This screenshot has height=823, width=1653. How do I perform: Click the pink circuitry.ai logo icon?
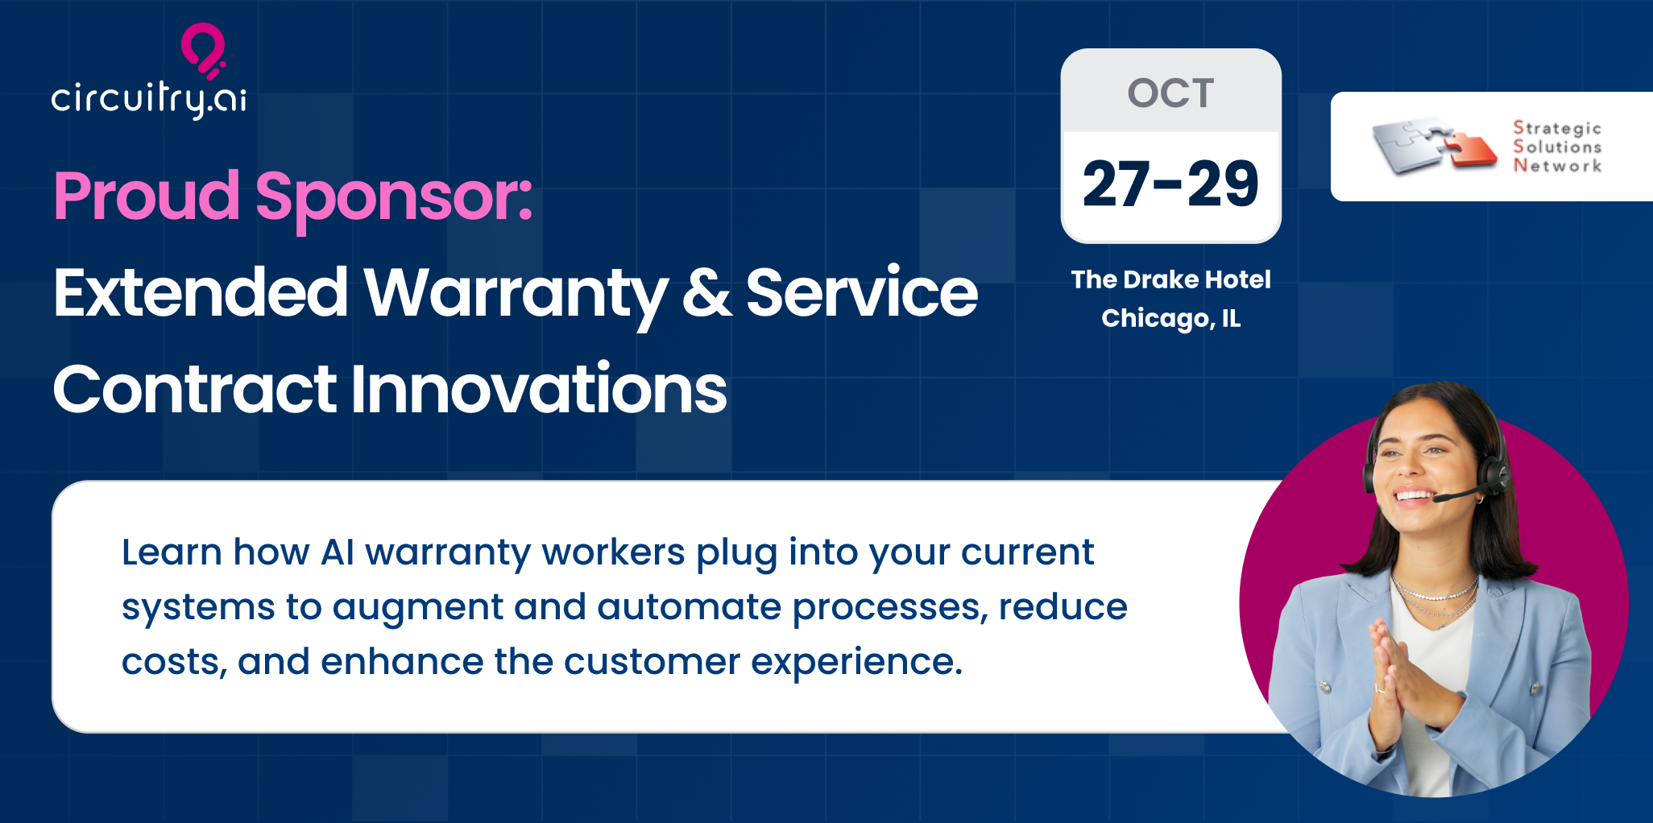(x=202, y=50)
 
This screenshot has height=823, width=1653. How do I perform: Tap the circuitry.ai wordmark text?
(x=149, y=100)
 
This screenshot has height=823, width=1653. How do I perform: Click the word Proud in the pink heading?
(x=147, y=196)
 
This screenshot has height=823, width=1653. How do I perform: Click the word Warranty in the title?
(x=516, y=294)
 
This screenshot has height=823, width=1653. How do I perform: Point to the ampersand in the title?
(x=706, y=293)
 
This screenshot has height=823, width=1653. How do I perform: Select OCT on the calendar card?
(x=1170, y=93)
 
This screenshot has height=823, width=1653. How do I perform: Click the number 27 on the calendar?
(x=1116, y=184)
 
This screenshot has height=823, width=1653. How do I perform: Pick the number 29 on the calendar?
(x=1223, y=184)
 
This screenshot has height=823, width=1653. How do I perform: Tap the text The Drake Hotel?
(x=1170, y=279)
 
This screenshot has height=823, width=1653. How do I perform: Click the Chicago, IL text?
(x=1170, y=319)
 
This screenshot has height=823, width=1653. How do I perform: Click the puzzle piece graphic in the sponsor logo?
(x=1434, y=146)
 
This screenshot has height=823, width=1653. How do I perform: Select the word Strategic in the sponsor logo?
(x=1557, y=129)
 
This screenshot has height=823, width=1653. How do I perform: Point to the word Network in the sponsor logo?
(x=1557, y=165)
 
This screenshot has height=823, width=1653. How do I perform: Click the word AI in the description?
(x=338, y=552)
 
